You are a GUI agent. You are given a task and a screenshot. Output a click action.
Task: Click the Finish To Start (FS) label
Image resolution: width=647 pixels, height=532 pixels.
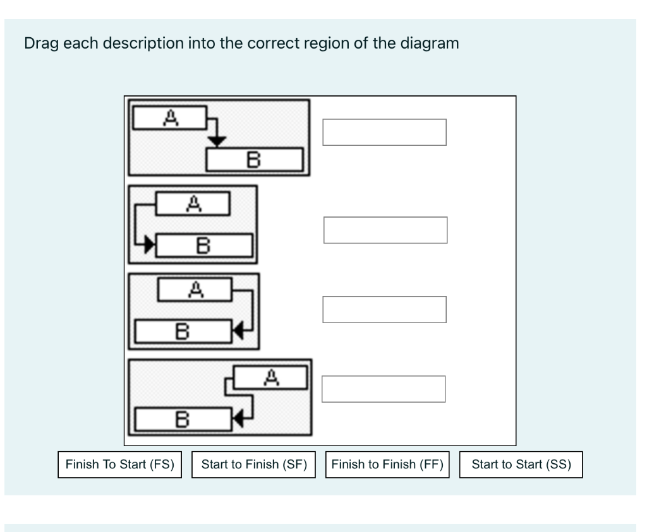point(120,464)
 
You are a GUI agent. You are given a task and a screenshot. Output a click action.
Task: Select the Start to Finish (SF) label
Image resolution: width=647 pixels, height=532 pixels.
point(253,464)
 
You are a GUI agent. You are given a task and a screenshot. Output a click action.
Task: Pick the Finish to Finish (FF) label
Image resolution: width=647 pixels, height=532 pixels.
point(387,464)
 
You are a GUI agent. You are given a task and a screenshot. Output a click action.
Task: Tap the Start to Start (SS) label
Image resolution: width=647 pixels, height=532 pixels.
point(521,464)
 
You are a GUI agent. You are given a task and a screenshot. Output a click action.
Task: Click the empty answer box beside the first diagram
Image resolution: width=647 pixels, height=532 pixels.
point(384,132)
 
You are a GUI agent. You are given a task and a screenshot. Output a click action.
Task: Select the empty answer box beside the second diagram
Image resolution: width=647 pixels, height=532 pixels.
point(385,230)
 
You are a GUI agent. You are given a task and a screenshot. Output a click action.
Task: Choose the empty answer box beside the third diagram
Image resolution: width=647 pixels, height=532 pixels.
point(384,309)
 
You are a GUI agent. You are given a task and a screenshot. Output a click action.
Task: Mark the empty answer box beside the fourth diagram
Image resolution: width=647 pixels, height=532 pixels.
point(384,389)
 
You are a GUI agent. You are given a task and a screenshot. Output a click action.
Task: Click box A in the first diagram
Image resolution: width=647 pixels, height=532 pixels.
point(169,117)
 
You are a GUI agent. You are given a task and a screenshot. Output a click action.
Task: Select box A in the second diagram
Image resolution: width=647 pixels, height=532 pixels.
point(193,203)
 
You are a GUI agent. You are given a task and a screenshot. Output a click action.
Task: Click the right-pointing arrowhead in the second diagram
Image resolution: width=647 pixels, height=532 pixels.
point(150,244)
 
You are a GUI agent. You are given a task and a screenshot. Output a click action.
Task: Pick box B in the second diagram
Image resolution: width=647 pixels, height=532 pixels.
point(204,244)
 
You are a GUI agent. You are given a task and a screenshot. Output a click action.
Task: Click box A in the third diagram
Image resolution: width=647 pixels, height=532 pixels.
point(195,290)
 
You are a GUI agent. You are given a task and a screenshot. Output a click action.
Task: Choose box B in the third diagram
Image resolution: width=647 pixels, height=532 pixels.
point(183,329)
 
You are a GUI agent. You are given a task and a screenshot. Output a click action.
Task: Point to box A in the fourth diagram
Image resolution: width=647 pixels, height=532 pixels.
point(270,377)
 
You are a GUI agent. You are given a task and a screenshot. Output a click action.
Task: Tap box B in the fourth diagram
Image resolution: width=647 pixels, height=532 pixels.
point(183,418)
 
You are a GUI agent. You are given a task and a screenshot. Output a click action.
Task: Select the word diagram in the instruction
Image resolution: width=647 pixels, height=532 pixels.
point(427,44)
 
